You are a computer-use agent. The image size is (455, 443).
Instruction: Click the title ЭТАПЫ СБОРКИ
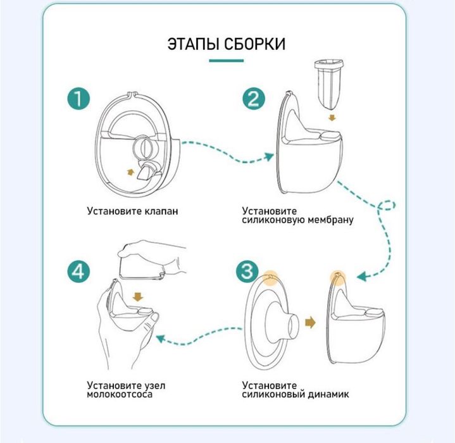[226, 44]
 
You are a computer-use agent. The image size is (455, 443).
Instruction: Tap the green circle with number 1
[80, 99]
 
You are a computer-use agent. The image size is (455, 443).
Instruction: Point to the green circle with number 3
[247, 271]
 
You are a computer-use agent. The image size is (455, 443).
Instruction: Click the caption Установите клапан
[132, 210]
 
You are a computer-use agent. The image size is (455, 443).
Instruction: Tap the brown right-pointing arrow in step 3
[309, 323]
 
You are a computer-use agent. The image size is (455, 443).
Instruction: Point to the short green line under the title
[226, 62]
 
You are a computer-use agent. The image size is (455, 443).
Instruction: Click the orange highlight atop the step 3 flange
[270, 277]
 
